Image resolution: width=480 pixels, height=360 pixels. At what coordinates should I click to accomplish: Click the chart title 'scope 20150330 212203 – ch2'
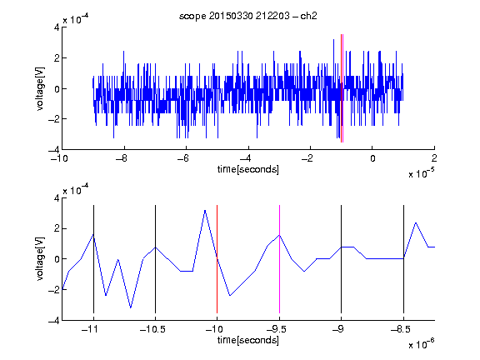[248, 16]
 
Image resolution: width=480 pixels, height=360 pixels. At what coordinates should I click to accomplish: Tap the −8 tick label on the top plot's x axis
[122, 158]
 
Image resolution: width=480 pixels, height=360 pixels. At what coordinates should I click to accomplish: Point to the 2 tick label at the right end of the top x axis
[434, 158]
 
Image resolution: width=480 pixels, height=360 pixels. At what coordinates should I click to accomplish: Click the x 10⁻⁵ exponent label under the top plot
[422, 173]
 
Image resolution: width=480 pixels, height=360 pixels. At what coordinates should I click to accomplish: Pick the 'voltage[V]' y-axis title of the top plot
[40, 88]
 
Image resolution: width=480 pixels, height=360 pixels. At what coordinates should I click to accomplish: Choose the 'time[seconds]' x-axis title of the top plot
[248, 169]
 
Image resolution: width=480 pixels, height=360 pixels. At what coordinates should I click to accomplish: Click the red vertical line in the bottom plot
[217, 259]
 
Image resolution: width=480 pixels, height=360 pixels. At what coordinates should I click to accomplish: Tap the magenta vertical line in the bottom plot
[279, 259]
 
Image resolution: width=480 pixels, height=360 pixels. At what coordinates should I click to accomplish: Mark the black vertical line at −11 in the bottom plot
[93, 259]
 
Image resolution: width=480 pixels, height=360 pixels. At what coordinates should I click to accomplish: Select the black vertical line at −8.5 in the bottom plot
[403, 259]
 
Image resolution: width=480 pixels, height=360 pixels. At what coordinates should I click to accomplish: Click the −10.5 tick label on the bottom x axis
[152, 329]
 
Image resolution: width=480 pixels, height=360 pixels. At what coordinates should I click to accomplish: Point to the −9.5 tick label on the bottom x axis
[277, 329]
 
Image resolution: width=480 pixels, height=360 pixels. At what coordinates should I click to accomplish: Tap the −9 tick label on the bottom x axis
[338, 329]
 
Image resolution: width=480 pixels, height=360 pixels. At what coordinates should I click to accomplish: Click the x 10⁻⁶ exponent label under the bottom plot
[422, 344]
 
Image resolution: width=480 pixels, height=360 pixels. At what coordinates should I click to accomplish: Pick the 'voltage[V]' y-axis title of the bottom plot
[40, 259]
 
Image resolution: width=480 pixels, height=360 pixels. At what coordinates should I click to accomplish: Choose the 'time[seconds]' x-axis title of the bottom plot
[248, 340]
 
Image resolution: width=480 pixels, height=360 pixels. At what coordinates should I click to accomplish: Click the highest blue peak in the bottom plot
[205, 211]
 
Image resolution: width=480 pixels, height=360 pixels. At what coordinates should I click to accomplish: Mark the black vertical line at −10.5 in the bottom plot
[155, 259]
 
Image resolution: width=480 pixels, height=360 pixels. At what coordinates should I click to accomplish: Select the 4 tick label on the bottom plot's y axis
[57, 198]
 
